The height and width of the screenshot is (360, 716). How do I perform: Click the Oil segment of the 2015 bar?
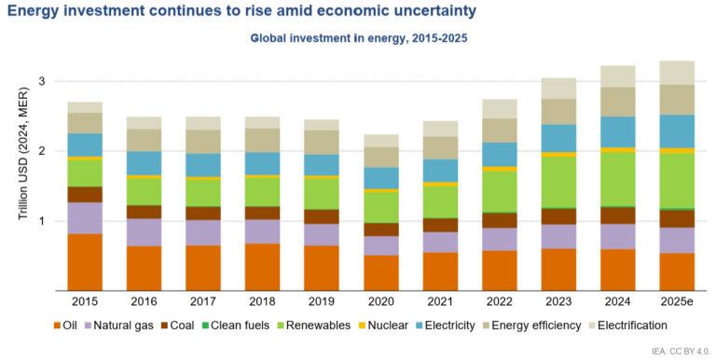pos(85,262)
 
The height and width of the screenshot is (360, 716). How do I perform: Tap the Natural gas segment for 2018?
pos(263,231)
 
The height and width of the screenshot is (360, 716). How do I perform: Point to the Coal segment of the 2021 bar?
pos(441,225)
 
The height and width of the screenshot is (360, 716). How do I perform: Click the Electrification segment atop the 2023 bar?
pos(559,89)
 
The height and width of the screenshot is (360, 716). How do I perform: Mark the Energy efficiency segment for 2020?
pos(381,157)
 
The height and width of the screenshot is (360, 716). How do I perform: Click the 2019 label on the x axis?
pos(322,303)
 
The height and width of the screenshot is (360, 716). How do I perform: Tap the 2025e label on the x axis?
pos(678,303)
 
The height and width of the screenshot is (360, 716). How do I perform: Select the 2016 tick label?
pos(144,303)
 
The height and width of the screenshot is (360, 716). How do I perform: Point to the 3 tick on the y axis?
pos(43,82)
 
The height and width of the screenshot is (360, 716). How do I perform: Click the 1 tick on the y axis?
pos(43,222)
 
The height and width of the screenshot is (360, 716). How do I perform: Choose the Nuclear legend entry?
pos(385,325)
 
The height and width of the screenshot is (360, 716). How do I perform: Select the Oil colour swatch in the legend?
pos(58,325)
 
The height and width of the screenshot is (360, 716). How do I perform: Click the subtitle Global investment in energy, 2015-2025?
pos(357,39)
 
